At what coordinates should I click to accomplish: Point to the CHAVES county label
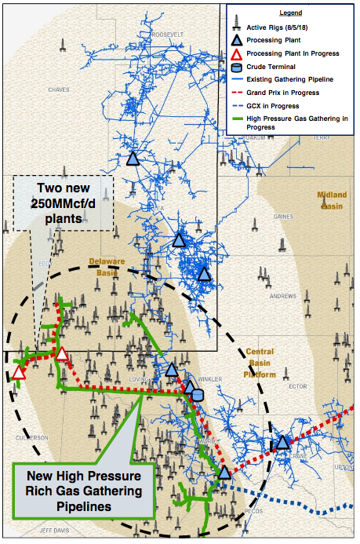[x=59, y=90]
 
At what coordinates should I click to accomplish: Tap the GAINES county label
[x=283, y=217]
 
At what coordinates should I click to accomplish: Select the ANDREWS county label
[x=283, y=296]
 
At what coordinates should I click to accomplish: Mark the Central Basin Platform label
[x=260, y=363]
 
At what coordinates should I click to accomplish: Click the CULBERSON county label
[x=32, y=437]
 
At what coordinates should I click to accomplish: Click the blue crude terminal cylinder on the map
[x=198, y=395]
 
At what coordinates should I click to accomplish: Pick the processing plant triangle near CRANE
[x=282, y=443]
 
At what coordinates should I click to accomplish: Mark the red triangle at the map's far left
[x=18, y=372]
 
